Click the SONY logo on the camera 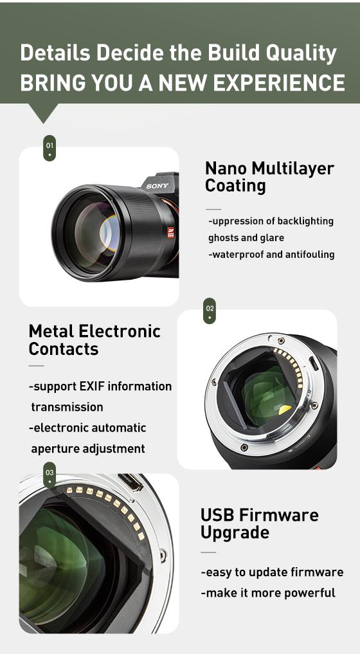157,186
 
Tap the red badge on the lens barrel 170,232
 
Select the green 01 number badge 50,148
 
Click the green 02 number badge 210,311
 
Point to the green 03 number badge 50,475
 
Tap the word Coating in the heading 235,186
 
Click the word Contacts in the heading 64,349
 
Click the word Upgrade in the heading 235,533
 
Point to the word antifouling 310,255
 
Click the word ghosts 223,238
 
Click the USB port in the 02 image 314,363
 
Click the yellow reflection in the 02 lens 285,410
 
